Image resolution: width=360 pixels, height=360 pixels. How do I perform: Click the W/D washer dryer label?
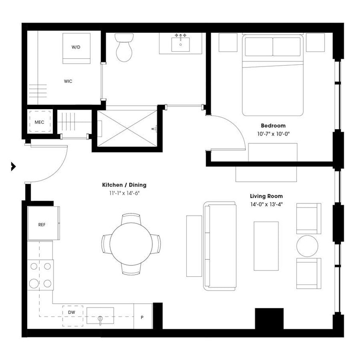[76, 47]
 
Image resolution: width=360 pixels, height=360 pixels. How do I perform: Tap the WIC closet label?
[68, 81]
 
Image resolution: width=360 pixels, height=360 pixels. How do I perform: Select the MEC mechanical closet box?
[39, 122]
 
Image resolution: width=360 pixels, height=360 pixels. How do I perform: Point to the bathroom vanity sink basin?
[181, 44]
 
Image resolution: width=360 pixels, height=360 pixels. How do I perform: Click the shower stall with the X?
[127, 128]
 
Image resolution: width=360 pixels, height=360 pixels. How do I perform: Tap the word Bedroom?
[273, 126]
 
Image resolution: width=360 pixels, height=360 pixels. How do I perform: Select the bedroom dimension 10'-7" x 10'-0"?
[273, 134]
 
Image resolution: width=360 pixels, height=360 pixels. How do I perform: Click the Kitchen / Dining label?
[124, 185]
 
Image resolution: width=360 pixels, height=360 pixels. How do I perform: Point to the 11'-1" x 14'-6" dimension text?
[124, 193]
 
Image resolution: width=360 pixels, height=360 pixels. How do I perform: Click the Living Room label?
[266, 196]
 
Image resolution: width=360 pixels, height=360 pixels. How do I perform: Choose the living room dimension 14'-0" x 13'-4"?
[266, 204]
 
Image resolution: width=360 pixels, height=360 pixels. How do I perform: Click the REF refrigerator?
[42, 224]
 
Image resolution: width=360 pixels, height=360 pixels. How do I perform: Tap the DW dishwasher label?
[71, 312]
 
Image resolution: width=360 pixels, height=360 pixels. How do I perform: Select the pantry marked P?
[142, 316]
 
